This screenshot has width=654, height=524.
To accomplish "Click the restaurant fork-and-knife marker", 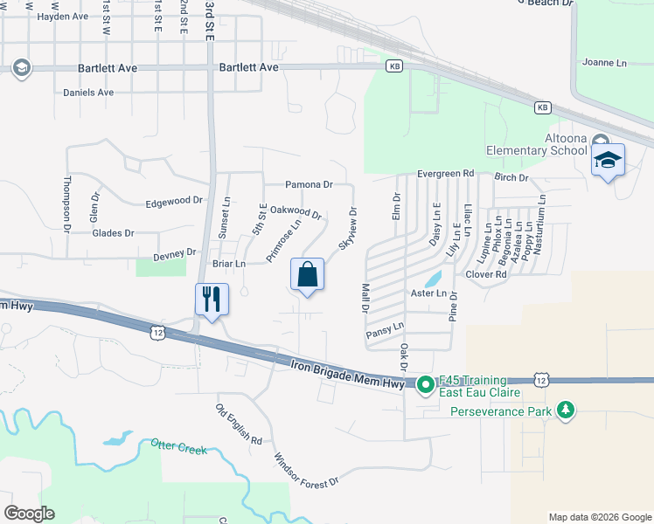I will [x=212, y=299].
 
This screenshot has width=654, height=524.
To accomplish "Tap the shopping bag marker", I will [x=308, y=274].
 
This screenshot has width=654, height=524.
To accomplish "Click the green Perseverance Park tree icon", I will [x=567, y=409].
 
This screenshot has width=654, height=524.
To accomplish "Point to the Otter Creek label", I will [x=178, y=449].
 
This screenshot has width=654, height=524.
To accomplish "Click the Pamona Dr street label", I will [x=310, y=185].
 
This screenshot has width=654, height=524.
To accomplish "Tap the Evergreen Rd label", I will [x=445, y=174].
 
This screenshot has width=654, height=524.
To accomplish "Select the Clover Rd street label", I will [x=487, y=274].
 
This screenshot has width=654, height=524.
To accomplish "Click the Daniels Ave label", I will [x=88, y=93].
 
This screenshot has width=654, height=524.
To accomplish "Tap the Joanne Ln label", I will [x=604, y=63].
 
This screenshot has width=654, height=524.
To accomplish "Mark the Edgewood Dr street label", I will [x=174, y=202].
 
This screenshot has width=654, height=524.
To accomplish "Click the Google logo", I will [x=29, y=514].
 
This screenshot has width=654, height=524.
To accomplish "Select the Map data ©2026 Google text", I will [x=599, y=517].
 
